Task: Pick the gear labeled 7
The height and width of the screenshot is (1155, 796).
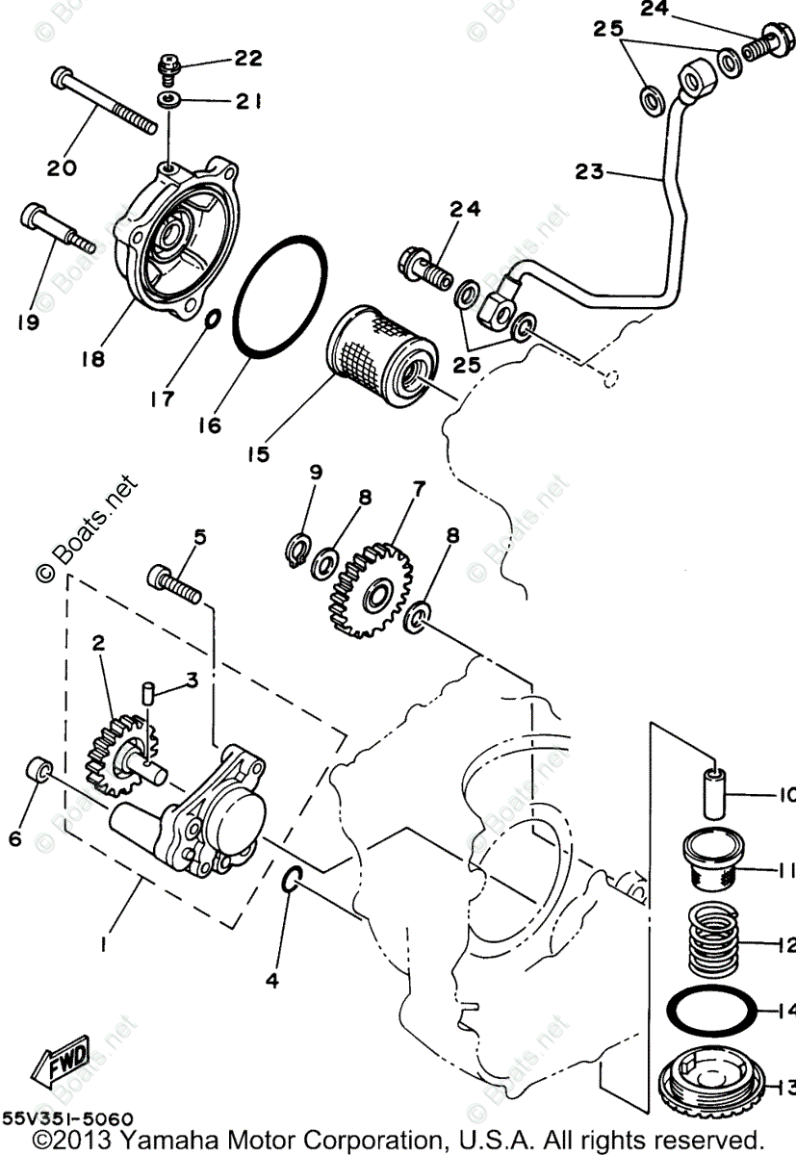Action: pyautogui.click(x=371, y=592)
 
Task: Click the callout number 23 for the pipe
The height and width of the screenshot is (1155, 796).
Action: pyautogui.click(x=589, y=172)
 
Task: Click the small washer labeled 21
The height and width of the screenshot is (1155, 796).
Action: pyautogui.click(x=170, y=99)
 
